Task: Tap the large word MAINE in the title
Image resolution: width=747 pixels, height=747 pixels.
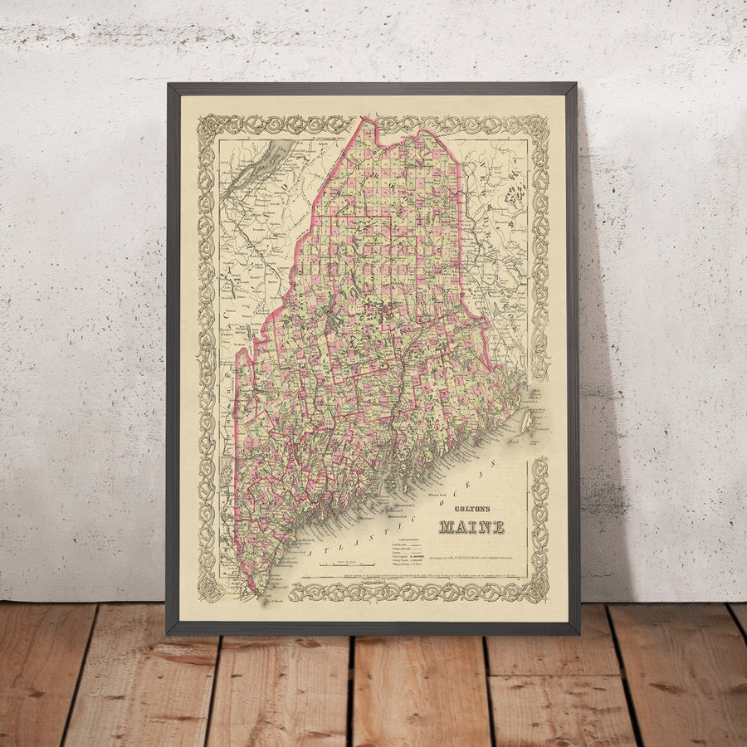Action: point(471,526)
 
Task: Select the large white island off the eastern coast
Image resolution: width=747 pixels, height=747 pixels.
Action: point(525,421)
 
